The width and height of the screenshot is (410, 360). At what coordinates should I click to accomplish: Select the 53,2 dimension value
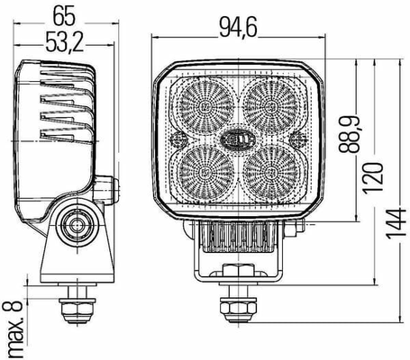(x=64, y=42)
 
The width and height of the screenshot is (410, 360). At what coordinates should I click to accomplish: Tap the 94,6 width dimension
(x=238, y=28)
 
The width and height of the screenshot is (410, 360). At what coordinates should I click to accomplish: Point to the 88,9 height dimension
(x=349, y=134)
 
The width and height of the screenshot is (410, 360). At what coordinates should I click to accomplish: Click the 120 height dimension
(x=373, y=178)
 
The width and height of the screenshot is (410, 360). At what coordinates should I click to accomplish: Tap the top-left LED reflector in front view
(x=206, y=105)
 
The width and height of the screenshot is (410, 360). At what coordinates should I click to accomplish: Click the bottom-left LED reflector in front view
(x=206, y=172)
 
